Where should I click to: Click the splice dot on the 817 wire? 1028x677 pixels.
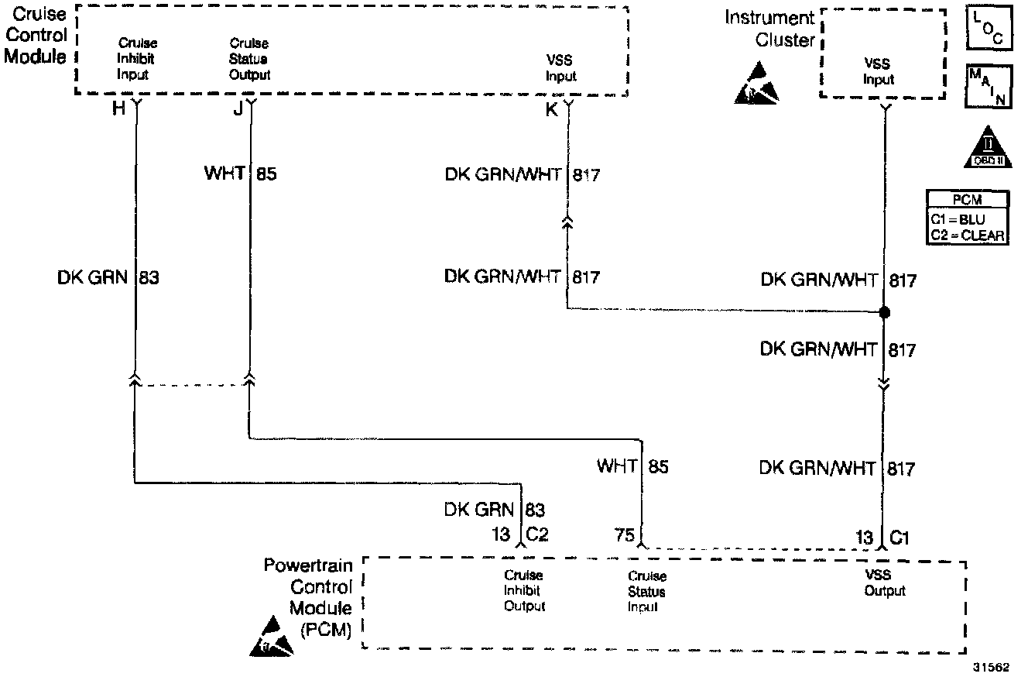tap(884, 313)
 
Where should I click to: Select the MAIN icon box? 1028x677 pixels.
tap(989, 86)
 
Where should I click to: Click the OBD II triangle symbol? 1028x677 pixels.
tap(988, 148)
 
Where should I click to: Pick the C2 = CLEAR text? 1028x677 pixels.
tap(967, 235)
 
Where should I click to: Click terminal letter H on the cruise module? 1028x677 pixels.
tap(118, 109)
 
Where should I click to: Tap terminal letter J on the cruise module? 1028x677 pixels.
tap(238, 109)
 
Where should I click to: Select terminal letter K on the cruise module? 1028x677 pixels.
tap(552, 110)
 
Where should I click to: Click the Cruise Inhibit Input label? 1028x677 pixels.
tap(137, 59)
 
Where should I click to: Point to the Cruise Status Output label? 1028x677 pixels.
tap(249, 59)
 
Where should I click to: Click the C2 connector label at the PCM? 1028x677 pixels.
tap(537, 535)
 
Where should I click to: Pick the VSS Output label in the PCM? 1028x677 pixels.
tap(884, 582)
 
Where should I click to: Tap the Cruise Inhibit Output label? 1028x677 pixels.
tap(524, 590)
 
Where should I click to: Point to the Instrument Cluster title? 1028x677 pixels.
tap(769, 29)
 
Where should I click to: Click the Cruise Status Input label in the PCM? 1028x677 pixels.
tap(646, 591)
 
